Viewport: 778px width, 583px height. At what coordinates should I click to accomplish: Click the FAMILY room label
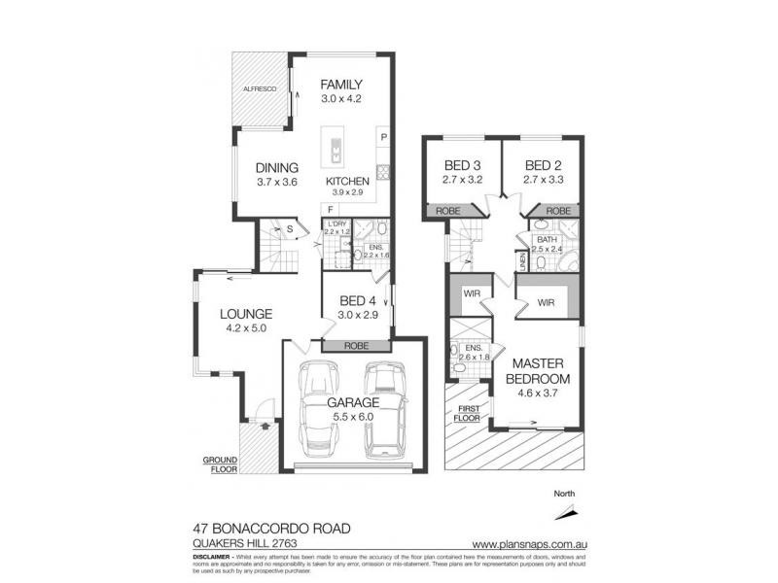point(341,85)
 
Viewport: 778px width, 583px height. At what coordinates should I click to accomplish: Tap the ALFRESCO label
point(260,89)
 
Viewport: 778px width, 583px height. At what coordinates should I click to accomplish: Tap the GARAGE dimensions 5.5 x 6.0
point(351,418)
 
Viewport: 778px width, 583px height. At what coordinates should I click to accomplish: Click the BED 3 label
point(463,164)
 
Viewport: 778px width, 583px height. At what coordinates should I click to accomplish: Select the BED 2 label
point(543,164)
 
